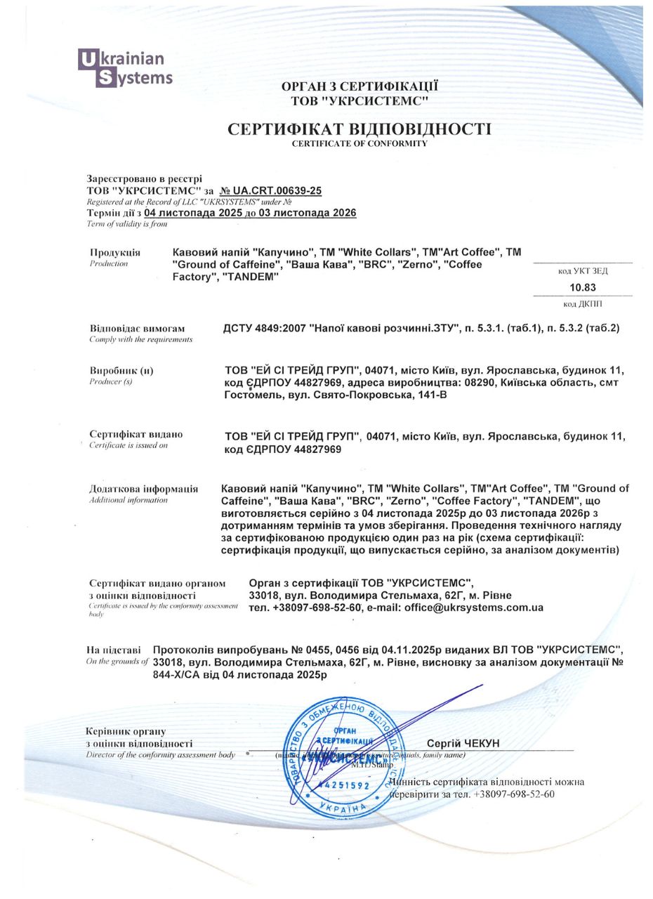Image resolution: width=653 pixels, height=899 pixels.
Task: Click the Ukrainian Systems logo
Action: pyautogui.click(x=125, y=68)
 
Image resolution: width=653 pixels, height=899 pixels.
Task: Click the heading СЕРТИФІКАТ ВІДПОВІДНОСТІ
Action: pyautogui.click(x=359, y=129)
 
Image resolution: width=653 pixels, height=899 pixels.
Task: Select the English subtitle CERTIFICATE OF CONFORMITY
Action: pyautogui.click(x=359, y=143)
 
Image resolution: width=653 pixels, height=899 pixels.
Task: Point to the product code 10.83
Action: pyautogui.click(x=582, y=287)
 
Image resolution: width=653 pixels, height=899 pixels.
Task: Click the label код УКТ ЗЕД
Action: pyautogui.click(x=582, y=270)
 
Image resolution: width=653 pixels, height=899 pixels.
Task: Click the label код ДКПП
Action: pyautogui.click(x=582, y=303)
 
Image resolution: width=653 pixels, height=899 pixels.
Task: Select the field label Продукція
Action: pyautogui.click(x=114, y=252)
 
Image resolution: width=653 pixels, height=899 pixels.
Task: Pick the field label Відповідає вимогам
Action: pyautogui.click(x=137, y=328)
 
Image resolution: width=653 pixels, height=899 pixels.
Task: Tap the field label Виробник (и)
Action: pyautogui.click(x=121, y=370)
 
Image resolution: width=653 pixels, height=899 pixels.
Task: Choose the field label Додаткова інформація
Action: pyautogui.click(x=143, y=489)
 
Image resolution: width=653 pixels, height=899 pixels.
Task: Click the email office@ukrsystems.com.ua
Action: pyautogui.click(x=474, y=608)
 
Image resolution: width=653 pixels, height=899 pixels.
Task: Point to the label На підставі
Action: pyautogui.click(x=113, y=650)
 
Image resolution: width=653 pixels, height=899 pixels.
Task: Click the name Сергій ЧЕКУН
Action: pyautogui.click(x=463, y=743)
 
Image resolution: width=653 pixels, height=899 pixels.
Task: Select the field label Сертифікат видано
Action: pyautogui.click(x=136, y=434)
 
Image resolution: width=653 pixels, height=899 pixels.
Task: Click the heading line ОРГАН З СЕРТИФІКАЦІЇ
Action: pyautogui.click(x=360, y=86)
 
